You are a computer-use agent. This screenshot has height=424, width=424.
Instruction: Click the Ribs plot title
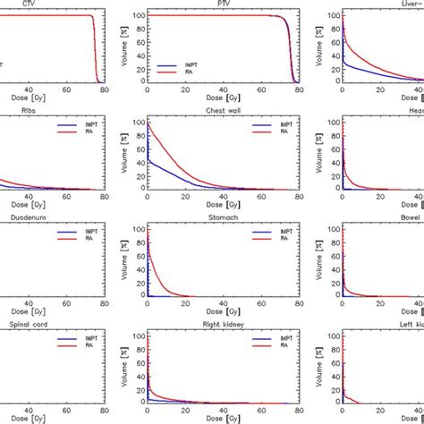point(18,112)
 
